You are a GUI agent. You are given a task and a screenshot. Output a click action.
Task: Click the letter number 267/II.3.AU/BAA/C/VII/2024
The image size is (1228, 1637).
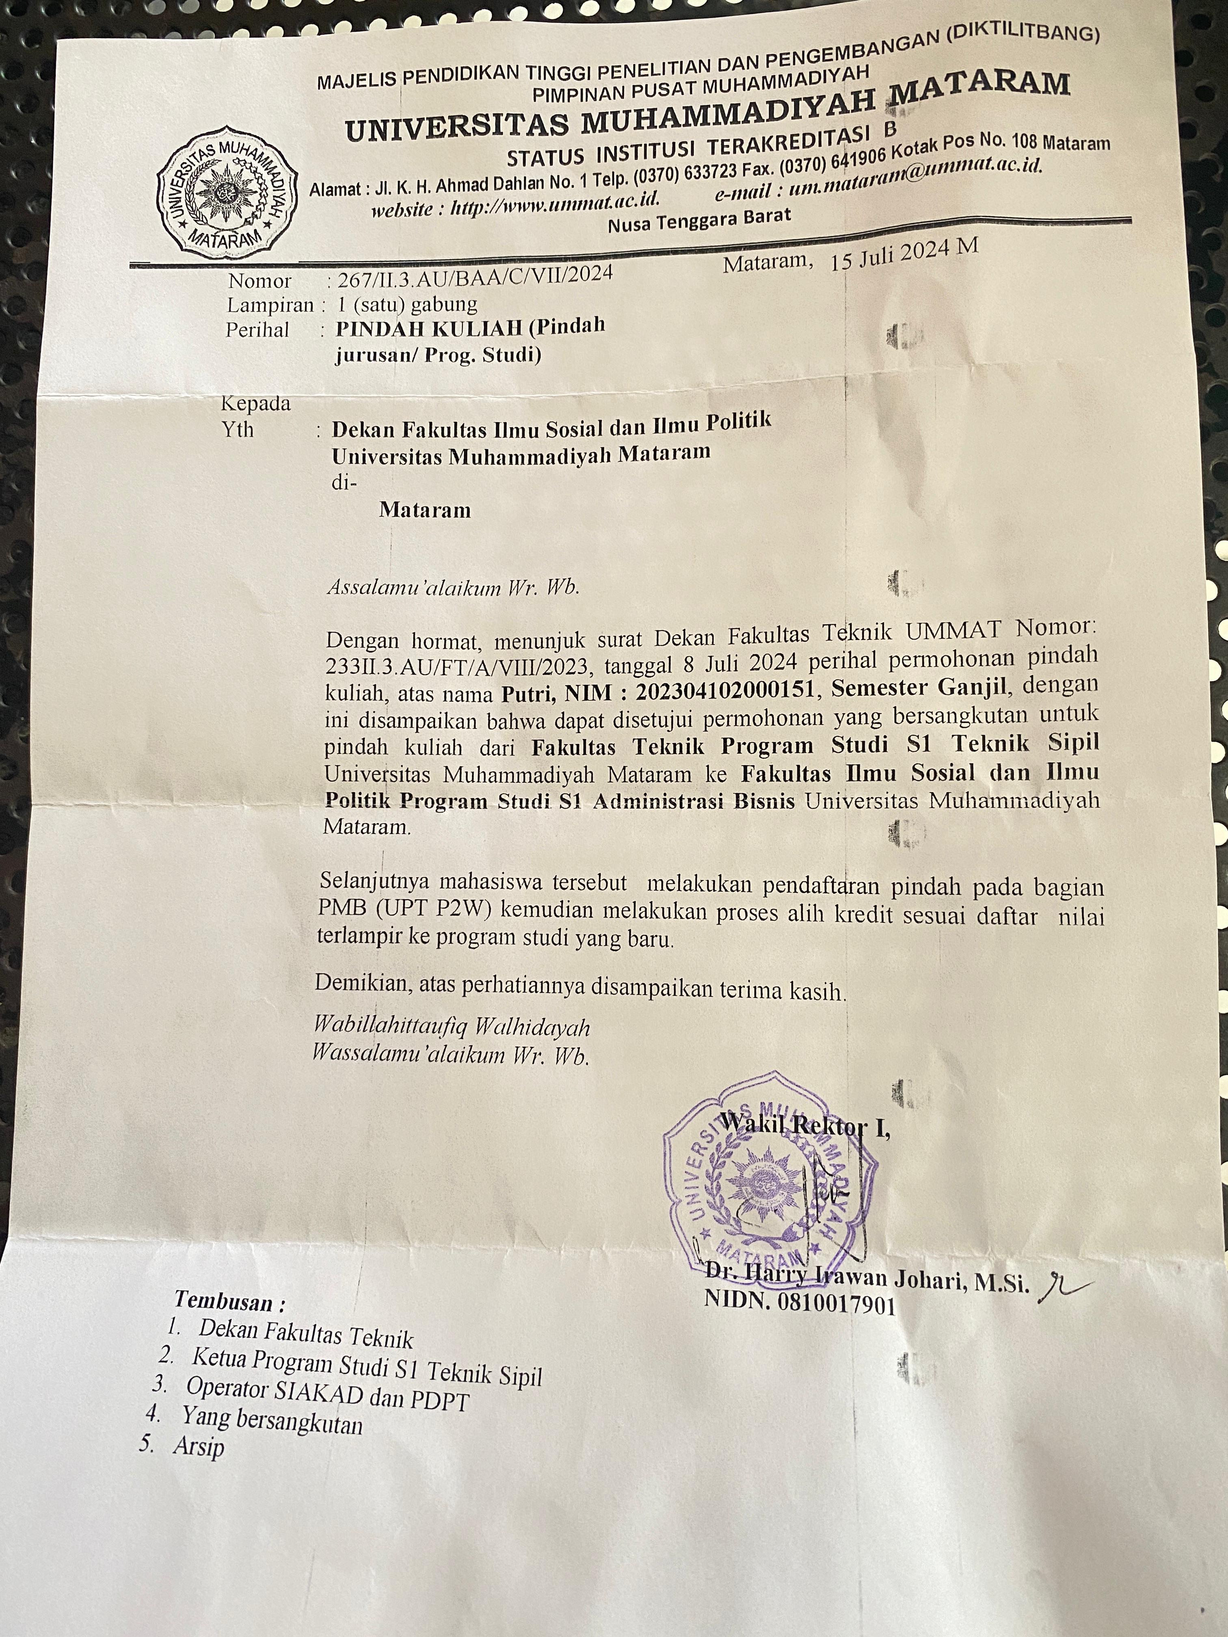coord(474,275)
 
